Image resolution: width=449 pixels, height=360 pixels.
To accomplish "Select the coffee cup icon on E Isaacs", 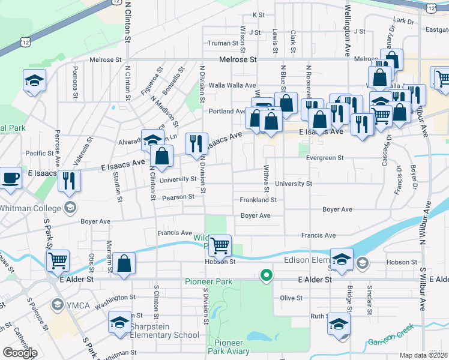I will (11, 178).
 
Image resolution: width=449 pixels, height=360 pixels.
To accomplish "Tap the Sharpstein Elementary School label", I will (161, 335).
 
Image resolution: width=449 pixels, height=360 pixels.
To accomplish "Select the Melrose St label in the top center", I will (238, 59).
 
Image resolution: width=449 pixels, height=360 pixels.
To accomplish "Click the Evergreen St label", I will (324, 158).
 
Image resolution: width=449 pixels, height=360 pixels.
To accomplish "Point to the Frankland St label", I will (258, 200).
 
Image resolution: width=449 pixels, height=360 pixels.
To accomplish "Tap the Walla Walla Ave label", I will (232, 86).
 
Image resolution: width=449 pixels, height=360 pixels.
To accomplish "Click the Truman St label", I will (223, 43).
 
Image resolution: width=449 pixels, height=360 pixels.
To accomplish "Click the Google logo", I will (20, 353).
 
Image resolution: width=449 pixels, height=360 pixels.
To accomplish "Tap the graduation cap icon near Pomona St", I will (35, 80).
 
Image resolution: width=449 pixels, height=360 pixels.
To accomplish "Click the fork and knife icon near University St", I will (70, 179).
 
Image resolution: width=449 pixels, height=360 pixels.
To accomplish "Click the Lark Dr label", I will (406, 20).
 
